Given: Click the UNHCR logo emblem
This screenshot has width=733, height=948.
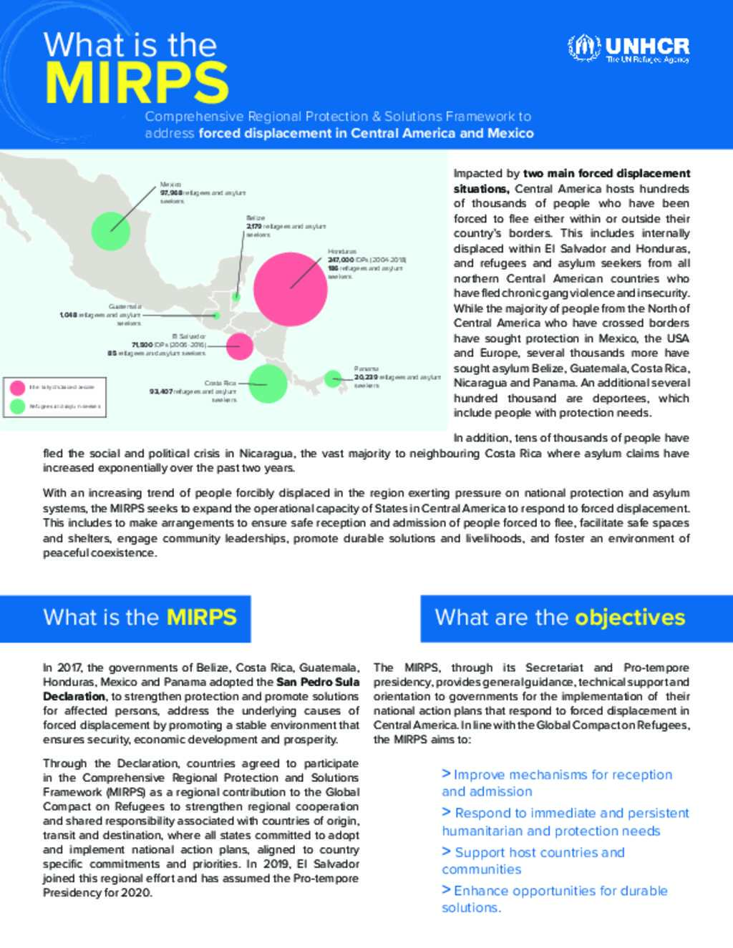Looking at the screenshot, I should tap(584, 48).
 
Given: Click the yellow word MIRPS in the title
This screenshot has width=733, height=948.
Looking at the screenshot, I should tap(136, 83).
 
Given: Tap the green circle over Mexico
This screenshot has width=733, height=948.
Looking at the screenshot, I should tap(111, 230).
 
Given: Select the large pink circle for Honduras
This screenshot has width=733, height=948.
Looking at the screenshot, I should tap(291, 288).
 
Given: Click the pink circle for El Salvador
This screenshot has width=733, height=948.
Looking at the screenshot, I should tap(239, 346).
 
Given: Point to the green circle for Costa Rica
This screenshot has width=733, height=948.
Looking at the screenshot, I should tap(268, 383).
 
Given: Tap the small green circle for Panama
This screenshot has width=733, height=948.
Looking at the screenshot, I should tap(333, 378).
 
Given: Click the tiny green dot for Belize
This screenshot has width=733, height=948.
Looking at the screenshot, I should tap(236, 296).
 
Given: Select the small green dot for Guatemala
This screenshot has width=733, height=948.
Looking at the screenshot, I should tap(217, 315).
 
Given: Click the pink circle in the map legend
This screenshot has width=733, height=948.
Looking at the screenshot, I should tap(17, 388).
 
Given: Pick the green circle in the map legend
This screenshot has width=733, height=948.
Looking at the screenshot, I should tap(17, 406).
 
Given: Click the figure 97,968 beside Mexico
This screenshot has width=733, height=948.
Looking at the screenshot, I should tap(170, 193).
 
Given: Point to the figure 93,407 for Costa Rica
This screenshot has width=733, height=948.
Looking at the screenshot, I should tap(161, 391).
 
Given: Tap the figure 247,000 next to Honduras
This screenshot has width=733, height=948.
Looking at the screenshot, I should tap(341, 260).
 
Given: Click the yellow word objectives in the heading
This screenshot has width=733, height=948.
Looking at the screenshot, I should tap(630, 617).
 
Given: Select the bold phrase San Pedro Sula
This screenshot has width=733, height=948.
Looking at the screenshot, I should tap(318, 682).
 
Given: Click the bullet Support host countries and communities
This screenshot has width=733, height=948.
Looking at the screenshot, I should tap(533, 861).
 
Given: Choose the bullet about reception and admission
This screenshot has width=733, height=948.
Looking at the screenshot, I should tap(557, 783).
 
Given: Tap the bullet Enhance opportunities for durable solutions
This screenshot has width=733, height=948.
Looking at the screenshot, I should tap(555, 899).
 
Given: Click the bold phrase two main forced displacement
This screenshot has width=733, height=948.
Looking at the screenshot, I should tap(607, 173).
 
